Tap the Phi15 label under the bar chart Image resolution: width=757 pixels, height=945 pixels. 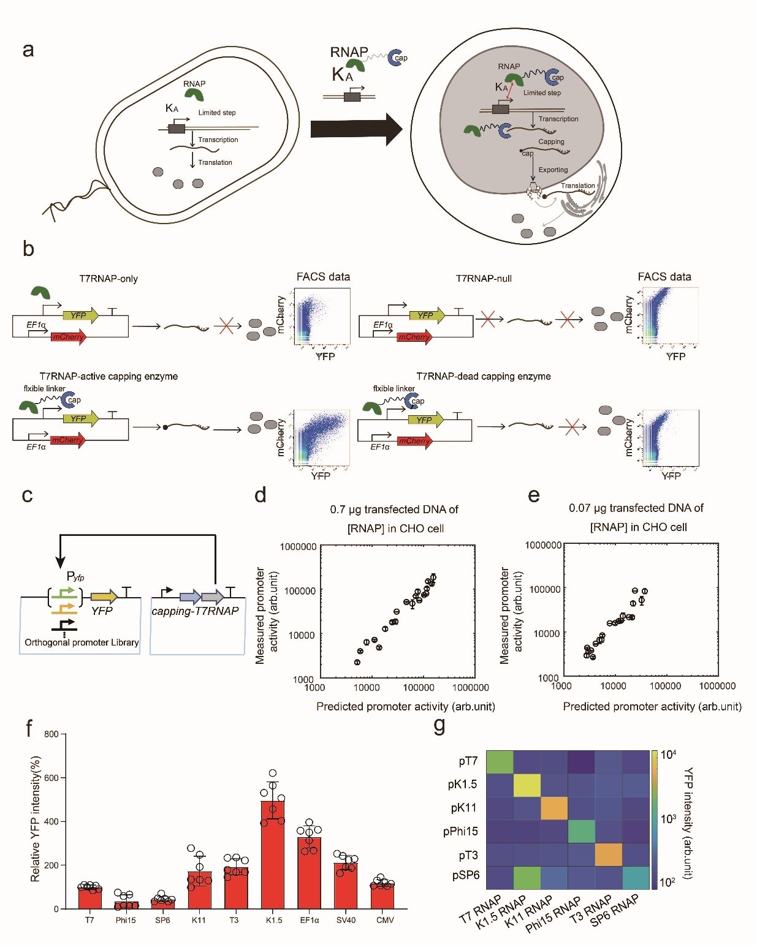coord(126,920)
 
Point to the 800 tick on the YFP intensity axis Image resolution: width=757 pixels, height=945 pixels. coord(51,734)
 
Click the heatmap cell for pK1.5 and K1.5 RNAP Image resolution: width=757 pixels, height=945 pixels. coord(527,785)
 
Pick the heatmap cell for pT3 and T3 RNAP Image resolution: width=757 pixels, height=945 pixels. coord(608,855)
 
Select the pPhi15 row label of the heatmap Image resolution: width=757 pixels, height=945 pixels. coord(460,831)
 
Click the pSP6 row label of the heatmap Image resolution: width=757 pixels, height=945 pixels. coord(465,875)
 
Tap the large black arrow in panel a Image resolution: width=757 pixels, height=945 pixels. coord(356,129)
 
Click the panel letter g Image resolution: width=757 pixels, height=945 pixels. coord(439,725)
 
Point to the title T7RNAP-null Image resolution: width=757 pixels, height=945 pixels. coord(484,279)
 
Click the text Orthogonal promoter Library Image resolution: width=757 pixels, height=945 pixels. coord(82,642)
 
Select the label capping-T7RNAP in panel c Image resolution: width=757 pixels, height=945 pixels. coord(195,611)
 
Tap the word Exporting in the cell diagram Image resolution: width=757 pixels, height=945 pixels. coord(553,170)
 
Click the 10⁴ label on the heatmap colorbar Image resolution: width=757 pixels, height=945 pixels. coord(668,755)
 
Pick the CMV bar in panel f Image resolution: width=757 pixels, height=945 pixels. coord(384,896)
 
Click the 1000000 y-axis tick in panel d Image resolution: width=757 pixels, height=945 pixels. coord(298,546)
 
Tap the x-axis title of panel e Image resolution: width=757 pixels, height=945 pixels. coord(652,706)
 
